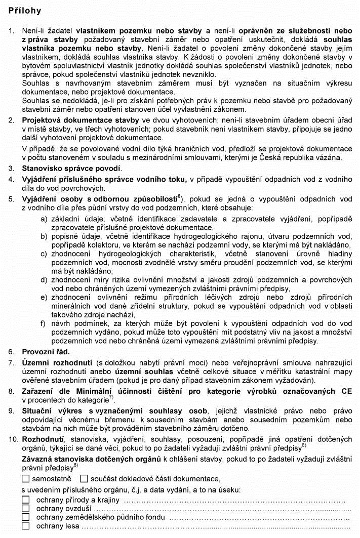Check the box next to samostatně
point(26,478)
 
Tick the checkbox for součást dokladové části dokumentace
point(84,478)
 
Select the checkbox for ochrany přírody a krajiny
point(26,500)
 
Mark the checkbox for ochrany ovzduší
point(26,509)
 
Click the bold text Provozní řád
point(46,351)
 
